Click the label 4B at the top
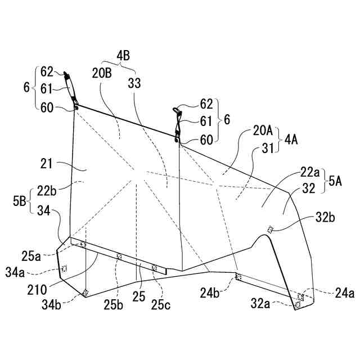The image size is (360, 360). (123, 56)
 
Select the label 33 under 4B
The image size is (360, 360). (134, 83)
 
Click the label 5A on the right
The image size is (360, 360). (335, 181)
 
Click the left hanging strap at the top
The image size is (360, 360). (70, 88)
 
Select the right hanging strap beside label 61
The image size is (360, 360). (177, 121)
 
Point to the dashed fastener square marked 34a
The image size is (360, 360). (64, 268)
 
